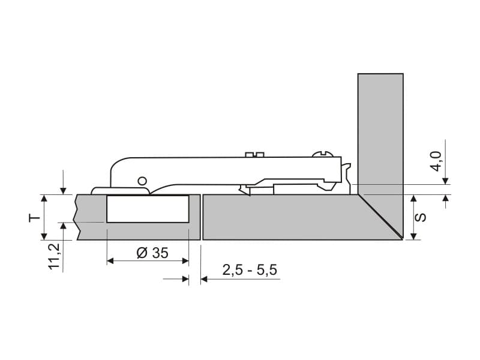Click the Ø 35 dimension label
152,253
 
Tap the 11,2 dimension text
55,256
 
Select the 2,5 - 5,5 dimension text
250,270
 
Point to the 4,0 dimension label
437,161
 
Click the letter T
35,218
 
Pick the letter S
421,217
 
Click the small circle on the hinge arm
142,181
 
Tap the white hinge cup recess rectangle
148,209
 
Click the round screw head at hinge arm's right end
321,154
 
